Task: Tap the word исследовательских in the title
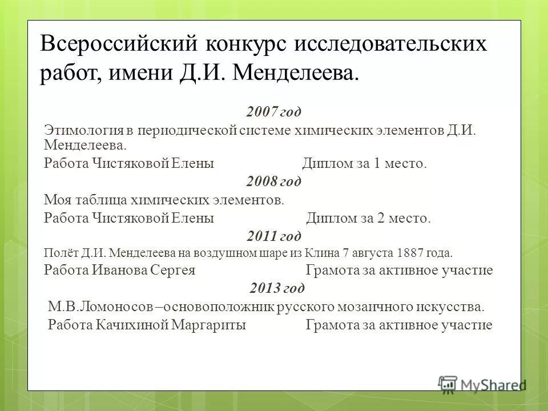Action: [x=392, y=45]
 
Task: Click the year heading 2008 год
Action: [x=274, y=182]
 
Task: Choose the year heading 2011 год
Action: [x=274, y=235]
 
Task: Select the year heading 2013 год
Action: [x=277, y=287]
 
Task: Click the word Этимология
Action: [x=82, y=130]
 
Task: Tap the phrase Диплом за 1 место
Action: [x=364, y=164]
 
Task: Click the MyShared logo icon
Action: [x=448, y=383]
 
